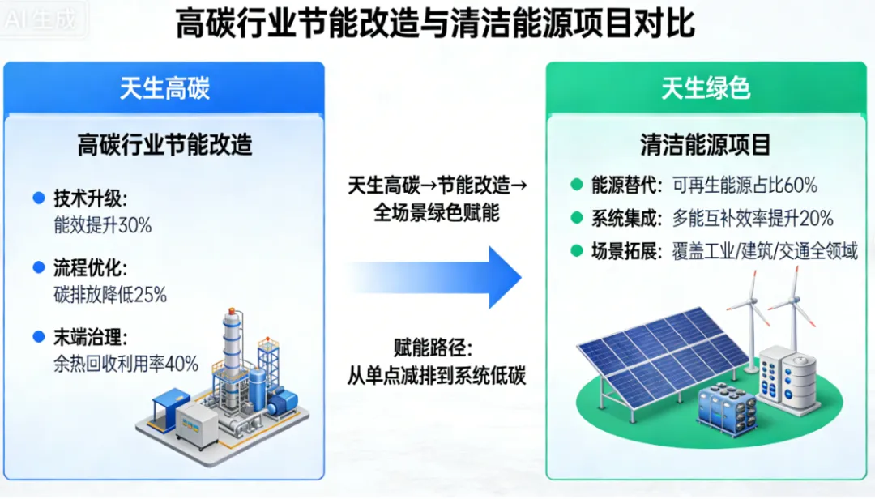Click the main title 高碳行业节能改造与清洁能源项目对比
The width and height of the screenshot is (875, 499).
(x=436, y=24)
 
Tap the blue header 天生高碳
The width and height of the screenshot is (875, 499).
(x=164, y=88)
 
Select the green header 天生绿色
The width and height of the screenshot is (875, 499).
(x=705, y=88)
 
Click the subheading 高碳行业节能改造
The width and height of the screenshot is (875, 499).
(x=164, y=145)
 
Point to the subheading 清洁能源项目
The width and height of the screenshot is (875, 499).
(x=705, y=145)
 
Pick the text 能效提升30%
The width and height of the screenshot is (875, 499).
(x=103, y=226)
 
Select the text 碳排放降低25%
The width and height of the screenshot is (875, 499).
(x=110, y=295)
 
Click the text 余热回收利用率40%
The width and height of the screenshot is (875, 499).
(x=126, y=364)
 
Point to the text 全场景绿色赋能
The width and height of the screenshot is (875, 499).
(x=437, y=213)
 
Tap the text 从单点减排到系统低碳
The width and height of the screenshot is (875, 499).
(x=437, y=376)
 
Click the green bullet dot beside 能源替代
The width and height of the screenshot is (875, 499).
(x=576, y=185)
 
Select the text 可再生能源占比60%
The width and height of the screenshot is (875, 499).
(x=745, y=186)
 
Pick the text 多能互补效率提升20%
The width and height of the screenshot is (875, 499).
(x=753, y=218)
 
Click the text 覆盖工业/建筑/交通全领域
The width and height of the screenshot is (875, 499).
(x=764, y=251)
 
